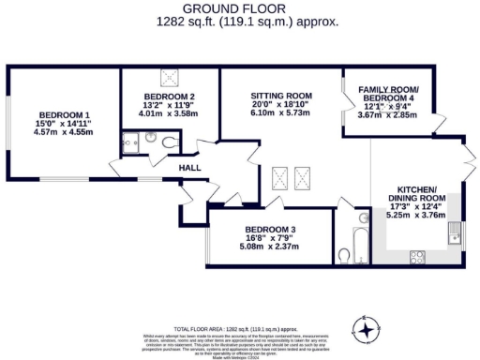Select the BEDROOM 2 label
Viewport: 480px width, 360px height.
coord(169,97)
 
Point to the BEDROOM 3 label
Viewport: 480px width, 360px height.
coord(270,230)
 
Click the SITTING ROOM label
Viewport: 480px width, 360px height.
coord(280,96)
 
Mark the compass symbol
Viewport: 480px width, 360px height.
coord(365,329)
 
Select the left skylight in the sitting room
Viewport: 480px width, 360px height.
coord(278,173)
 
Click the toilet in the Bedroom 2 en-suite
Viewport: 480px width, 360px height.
coord(167,142)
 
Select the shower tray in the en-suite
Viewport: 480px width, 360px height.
coord(131,143)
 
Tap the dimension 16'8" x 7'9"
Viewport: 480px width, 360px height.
coord(270,239)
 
